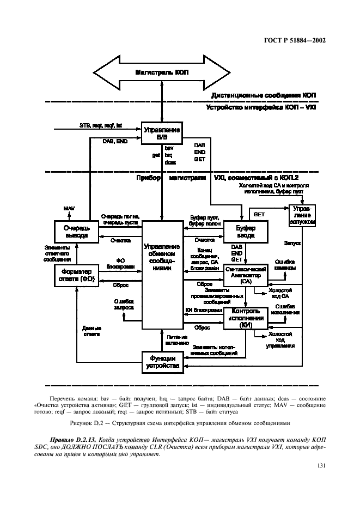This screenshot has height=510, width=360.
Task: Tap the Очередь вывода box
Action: pyautogui.click(x=76, y=231)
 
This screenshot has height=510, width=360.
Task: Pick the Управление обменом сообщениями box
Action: pyautogui.click(x=162, y=257)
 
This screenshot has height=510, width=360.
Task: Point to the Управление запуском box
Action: pyautogui.click(x=303, y=216)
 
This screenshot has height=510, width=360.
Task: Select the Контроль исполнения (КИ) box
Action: pyautogui.click(x=246, y=318)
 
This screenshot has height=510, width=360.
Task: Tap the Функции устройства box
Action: pyautogui.click(x=162, y=362)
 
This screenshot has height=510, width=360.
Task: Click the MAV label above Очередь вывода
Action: pyautogui.click(x=69, y=209)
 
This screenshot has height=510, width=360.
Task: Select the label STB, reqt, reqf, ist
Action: pyautogui.click(x=101, y=125)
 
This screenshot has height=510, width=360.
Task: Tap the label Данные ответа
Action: pyautogui.click(x=92, y=331)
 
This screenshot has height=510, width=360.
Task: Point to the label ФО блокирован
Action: pyautogui.click(x=120, y=263)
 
